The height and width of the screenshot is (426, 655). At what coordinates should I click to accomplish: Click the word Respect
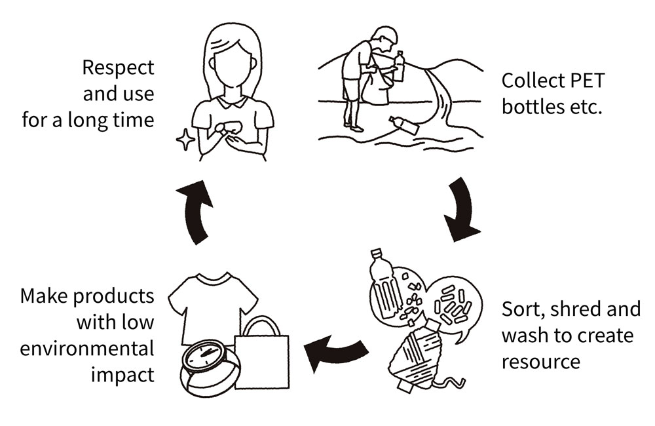tap(119, 68)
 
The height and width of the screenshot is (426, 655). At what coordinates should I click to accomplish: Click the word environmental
tap(87, 348)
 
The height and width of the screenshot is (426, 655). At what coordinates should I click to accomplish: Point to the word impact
tap(122, 374)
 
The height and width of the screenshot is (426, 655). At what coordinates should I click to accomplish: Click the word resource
tap(540, 361)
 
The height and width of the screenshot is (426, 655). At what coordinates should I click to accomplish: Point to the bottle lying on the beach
tap(403, 125)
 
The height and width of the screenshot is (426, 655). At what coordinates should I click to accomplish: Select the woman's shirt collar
tap(233, 102)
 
